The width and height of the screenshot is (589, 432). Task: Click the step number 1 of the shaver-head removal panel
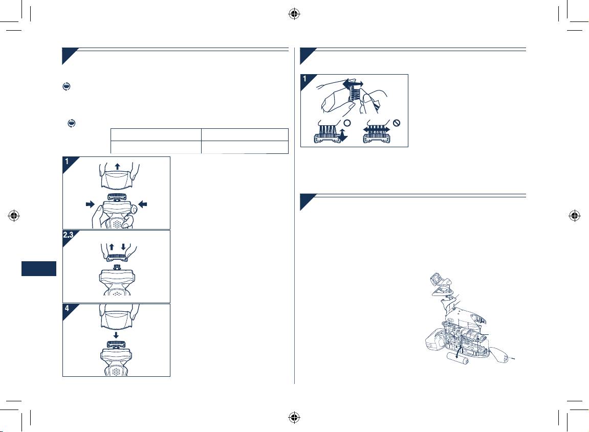tap(67, 162)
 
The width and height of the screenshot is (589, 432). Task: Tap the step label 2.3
tap(68, 235)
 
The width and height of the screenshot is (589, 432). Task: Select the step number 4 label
tap(67, 308)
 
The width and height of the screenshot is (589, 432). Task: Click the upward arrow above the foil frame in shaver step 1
tap(118, 166)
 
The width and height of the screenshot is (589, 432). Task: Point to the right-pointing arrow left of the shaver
tap(90, 204)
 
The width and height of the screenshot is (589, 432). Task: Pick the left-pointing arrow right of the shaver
tap(143, 204)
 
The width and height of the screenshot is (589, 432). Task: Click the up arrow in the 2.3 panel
tap(112, 247)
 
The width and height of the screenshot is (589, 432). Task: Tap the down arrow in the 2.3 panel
tap(123, 247)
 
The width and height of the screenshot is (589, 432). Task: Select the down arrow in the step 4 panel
tap(116, 335)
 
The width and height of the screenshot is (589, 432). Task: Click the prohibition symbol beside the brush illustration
tap(396, 123)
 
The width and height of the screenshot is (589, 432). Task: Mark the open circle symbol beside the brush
tap(347, 123)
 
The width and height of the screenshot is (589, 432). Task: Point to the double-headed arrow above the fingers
tap(353, 83)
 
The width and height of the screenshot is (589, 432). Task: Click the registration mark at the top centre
tap(294, 14)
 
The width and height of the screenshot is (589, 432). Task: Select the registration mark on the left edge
tap(14, 216)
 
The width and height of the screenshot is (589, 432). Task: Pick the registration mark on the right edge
tap(575, 216)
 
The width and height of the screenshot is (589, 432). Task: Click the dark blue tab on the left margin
tap(39, 269)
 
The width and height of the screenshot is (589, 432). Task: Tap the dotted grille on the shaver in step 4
tap(117, 371)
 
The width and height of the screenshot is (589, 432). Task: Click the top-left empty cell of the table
tap(156, 135)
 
